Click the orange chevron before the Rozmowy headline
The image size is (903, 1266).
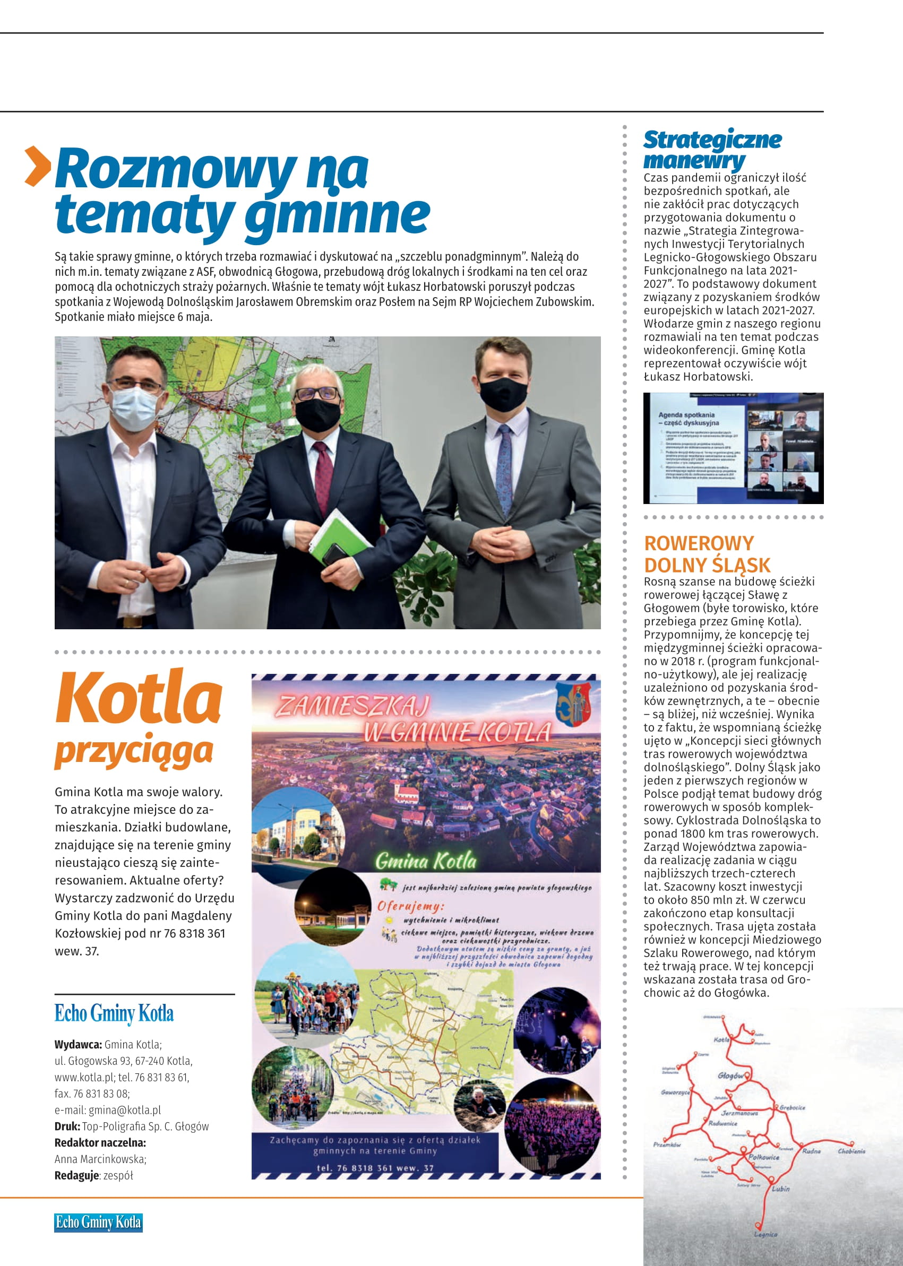tap(38, 166)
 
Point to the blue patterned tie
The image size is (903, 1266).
tap(505, 466)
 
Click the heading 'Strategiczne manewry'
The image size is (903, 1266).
tap(712, 150)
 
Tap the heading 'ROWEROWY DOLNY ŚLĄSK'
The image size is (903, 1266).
tap(707, 553)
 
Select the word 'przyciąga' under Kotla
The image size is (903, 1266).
tap(133, 751)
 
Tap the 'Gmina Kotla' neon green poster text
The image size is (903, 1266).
tap(426, 861)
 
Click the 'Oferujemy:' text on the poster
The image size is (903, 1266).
tap(411, 906)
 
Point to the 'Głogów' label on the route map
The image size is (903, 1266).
tap(730, 1076)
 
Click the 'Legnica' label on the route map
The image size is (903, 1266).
tap(766, 1234)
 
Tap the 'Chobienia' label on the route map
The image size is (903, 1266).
tap(852, 1151)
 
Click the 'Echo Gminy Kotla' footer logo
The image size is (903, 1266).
tap(98, 1222)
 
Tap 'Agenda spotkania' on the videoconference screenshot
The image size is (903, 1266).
tap(686, 414)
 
